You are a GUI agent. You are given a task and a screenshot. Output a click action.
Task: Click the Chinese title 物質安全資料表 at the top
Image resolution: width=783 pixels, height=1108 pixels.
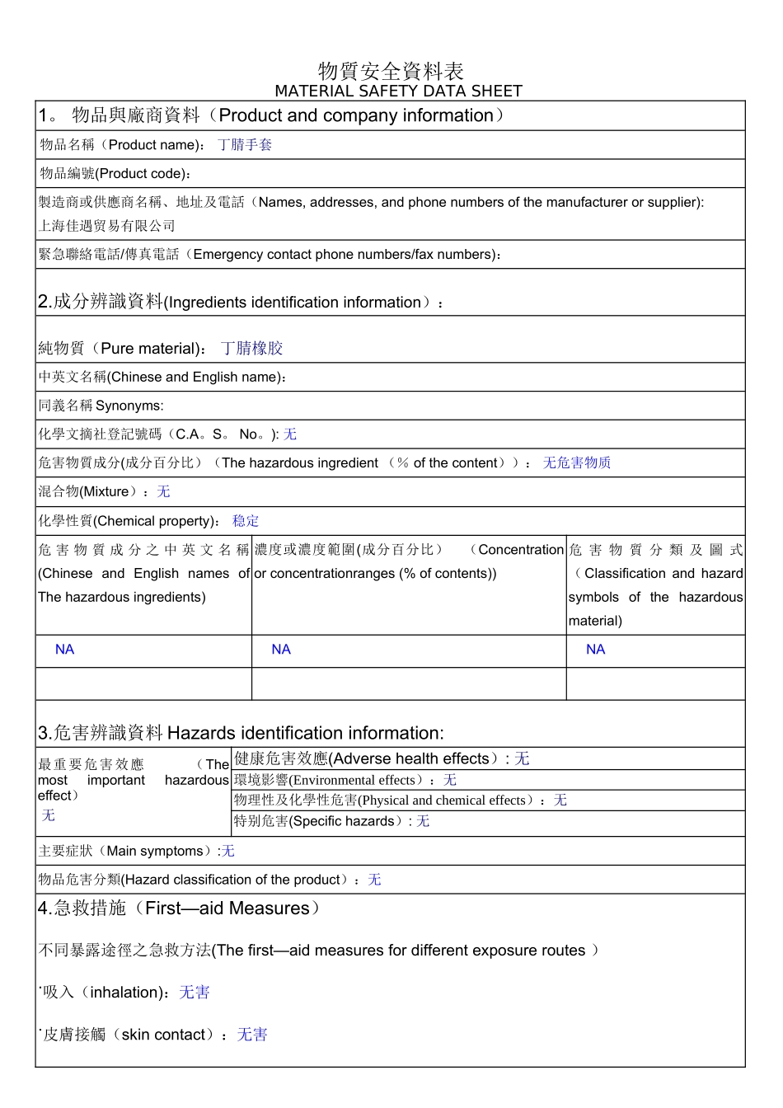(391, 71)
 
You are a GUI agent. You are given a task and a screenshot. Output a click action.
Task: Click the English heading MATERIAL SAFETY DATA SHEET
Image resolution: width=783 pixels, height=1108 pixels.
(398, 91)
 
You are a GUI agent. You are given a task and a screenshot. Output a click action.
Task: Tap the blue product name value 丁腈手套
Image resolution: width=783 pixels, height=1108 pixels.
(245, 145)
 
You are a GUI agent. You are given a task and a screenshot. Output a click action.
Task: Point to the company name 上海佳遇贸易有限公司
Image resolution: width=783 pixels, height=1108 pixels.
(107, 226)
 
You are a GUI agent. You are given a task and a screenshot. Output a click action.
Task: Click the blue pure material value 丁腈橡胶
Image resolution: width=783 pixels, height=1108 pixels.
(252, 349)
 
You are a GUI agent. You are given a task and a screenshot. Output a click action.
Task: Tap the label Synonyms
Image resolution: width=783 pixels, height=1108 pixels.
(129, 406)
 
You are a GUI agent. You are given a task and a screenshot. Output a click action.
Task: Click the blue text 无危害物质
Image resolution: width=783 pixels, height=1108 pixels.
(577, 463)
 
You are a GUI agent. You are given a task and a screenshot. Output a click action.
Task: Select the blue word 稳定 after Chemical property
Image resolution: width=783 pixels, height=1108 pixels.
(246, 521)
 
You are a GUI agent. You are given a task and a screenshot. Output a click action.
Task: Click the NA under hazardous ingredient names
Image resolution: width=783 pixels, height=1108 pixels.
(64, 650)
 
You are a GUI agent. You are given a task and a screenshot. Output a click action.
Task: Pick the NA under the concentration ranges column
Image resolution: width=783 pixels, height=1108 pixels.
(281, 650)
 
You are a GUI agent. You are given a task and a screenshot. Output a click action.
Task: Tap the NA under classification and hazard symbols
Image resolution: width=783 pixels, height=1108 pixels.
(595, 650)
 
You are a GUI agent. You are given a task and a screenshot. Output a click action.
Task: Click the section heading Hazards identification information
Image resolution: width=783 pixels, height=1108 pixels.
(305, 733)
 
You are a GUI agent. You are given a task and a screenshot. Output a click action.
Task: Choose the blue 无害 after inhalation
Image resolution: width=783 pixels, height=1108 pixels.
(195, 993)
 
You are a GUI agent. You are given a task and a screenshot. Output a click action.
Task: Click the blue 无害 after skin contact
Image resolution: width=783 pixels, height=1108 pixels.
(252, 1035)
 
